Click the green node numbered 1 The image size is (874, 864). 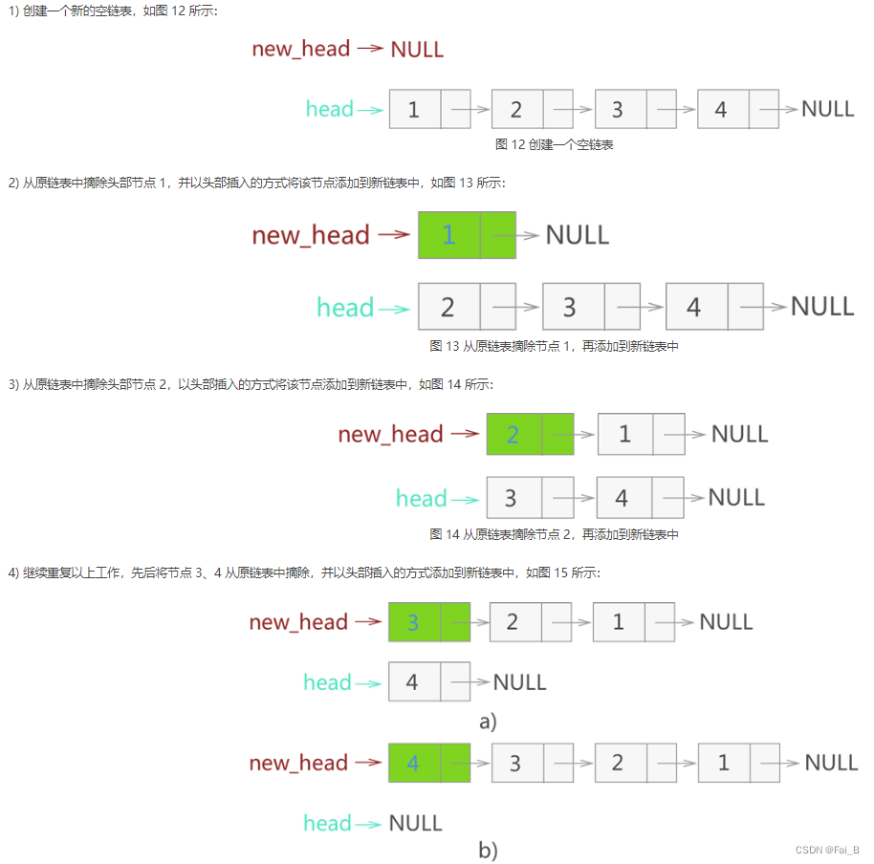(467, 235)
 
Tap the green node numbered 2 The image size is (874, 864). (530, 434)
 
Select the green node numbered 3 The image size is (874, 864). (429, 622)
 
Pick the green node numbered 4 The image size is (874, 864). (429, 763)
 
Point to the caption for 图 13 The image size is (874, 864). (554, 346)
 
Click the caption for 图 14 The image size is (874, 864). (554, 534)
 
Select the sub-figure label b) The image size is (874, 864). (488, 850)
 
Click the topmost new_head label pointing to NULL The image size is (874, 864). (300, 49)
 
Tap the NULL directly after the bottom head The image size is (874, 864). (416, 823)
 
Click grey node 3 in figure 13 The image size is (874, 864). (590, 307)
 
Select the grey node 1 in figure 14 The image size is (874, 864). (641, 434)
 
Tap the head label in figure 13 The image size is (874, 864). (345, 308)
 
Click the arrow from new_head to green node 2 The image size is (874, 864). (465, 434)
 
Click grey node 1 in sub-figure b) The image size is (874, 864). (738, 763)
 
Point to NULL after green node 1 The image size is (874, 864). (577, 235)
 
